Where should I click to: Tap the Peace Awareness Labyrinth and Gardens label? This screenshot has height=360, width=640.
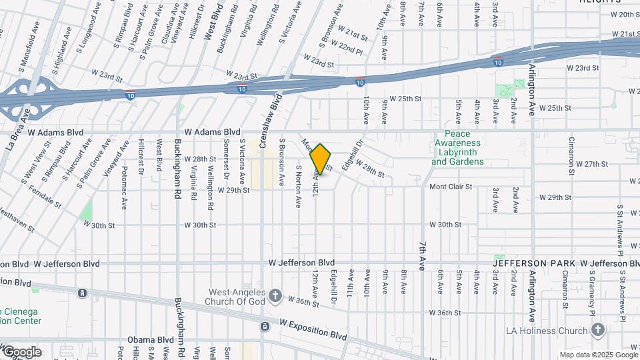click(457, 148)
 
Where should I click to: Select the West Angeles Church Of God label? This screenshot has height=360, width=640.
click(237, 297)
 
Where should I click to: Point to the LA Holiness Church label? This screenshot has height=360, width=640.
click(545, 331)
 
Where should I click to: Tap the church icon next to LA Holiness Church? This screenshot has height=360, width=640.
click(597, 330)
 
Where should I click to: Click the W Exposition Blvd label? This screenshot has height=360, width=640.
click(313, 327)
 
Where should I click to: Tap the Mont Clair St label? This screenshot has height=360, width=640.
click(450, 187)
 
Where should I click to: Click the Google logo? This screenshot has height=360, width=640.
click(21, 352)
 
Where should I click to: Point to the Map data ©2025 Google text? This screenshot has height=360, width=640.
click(597, 355)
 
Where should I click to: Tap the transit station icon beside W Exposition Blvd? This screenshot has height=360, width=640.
click(265, 327)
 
